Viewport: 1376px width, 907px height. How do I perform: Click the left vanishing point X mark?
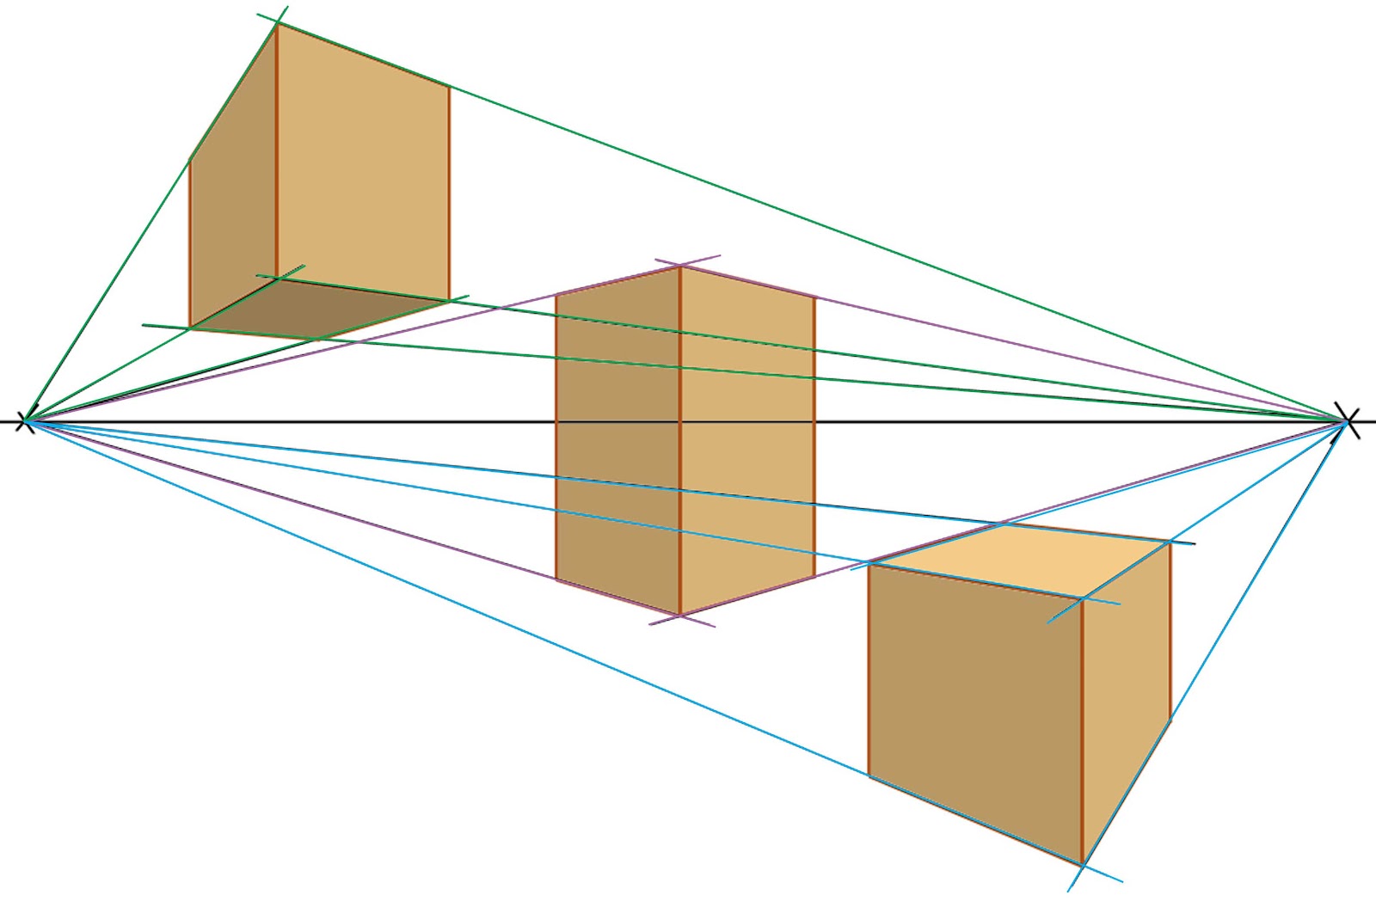(x=26, y=421)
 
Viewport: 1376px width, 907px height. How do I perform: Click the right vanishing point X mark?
(x=1348, y=421)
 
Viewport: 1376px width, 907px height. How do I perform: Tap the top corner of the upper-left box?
(x=277, y=24)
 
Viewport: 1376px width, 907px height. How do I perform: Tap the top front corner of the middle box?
(x=680, y=267)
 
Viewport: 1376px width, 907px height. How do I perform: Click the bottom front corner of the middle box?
(x=680, y=616)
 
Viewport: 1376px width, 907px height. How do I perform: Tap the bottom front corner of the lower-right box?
(x=1082, y=862)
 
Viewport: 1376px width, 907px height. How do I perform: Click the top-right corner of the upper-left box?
(x=449, y=86)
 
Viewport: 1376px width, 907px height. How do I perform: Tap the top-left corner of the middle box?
(x=556, y=295)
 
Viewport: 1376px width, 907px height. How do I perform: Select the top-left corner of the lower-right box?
(x=869, y=564)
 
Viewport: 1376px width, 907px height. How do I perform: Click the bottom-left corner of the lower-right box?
(x=869, y=776)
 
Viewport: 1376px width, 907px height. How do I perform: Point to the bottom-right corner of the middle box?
(x=814, y=576)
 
